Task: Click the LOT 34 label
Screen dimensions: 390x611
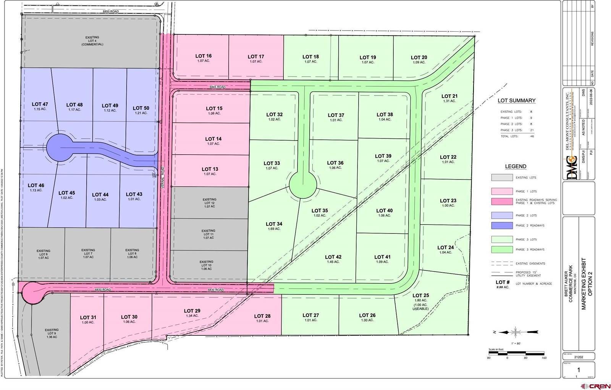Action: (x=274, y=224)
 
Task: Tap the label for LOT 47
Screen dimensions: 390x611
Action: (x=40, y=104)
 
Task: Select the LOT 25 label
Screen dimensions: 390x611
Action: (x=420, y=295)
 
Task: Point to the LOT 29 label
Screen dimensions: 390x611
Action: (x=192, y=311)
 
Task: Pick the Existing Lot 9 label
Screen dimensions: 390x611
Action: (x=52, y=333)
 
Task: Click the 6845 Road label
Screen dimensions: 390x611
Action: (x=217, y=87)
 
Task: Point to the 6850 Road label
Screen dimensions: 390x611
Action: (x=110, y=12)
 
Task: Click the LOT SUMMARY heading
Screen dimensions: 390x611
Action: (x=516, y=101)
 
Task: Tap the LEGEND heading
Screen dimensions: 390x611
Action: (x=516, y=167)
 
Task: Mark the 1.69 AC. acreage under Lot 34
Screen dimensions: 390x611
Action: (x=274, y=229)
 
